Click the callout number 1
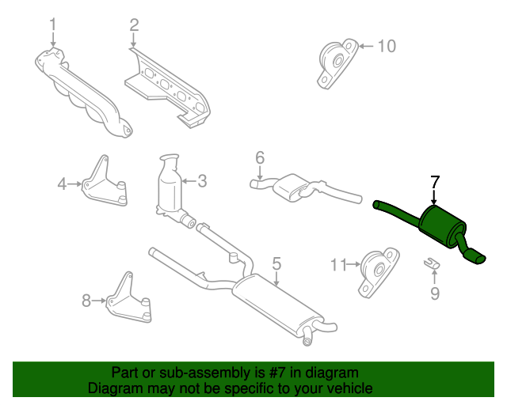tap(53, 25)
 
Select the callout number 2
tap(134, 25)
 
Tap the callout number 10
tap(387, 46)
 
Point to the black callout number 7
tap(435, 182)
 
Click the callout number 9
tap(435, 293)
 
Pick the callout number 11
tap(338, 265)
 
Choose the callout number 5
tap(276, 263)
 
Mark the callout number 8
tap(86, 301)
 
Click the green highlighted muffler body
tap(442, 227)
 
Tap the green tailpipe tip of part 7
tap(475, 257)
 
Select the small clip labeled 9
tap(432, 263)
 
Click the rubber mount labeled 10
tap(337, 64)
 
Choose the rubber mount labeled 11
tap(379, 273)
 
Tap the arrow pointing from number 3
tap(189, 181)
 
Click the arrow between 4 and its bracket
tap(75, 184)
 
